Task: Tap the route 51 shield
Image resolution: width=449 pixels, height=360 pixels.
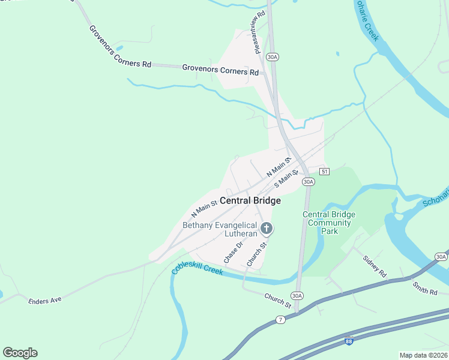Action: pyautogui.click(x=324, y=172)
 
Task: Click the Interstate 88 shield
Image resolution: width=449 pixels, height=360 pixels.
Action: pyautogui.click(x=349, y=341)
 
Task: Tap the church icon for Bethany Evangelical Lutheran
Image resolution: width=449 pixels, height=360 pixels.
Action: pyautogui.click(x=267, y=228)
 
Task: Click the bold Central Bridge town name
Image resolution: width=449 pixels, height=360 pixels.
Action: pyautogui.click(x=250, y=201)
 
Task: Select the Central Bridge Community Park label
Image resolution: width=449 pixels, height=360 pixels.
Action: pyautogui.click(x=329, y=223)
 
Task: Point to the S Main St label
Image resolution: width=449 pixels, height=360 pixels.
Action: pyautogui.click(x=286, y=178)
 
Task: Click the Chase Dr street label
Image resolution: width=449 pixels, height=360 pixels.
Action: pyautogui.click(x=233, y=251)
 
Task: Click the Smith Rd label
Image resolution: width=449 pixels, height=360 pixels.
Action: pyautogui.click(x=425, y=288)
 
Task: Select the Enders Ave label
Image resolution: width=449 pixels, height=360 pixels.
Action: pyautogui.click(x=46, y=299)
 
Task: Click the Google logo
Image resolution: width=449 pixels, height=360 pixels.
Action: pyautogui.click(x=20, y=353)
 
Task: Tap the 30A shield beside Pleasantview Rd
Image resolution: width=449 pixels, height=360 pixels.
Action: pyautogui.click(x=273, y=57)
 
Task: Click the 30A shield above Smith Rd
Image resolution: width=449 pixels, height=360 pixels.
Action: pyautogui.click(x=441, y=257)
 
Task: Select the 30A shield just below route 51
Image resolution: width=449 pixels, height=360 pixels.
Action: pyautogui.click(x=308, y=182)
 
